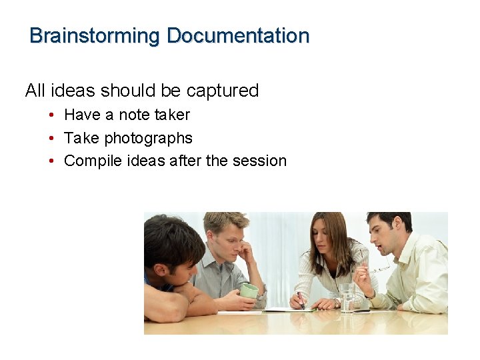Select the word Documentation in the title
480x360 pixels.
click(x=238, y=35)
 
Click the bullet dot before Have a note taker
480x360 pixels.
click(x=51, y=115)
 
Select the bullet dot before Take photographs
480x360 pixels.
click(x=51, y=139)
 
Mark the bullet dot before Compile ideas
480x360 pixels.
click(x=51, y=161)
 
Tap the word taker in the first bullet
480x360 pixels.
click(x=172, y=115)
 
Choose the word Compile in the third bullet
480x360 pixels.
click(x=89, y=161)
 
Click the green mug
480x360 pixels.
click(x=249, y=290)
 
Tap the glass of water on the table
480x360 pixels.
click(x=347, y=298)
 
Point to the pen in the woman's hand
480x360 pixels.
click(x=301, y=299)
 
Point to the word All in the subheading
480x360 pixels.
click(x=35, y=91)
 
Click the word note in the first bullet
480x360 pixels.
click(x=133, y=115)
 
